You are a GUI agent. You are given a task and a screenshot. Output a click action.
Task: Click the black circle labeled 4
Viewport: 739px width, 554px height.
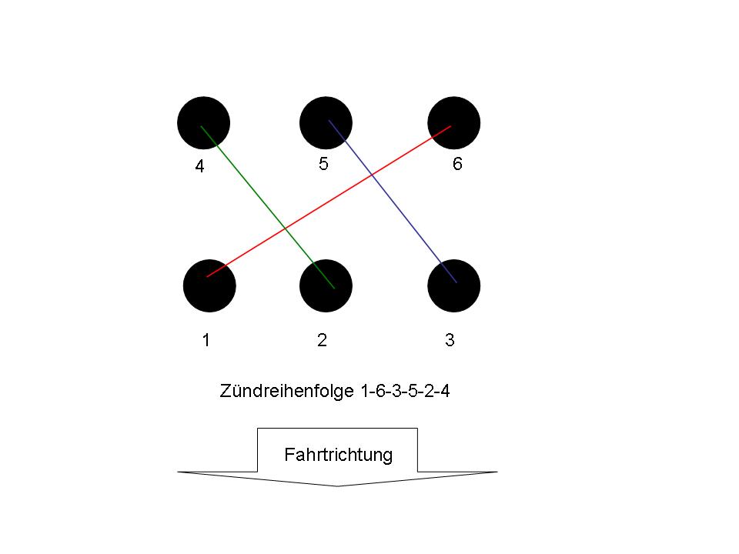click(203, 123)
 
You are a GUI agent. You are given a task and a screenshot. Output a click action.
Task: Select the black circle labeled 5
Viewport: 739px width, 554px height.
click(326, 123)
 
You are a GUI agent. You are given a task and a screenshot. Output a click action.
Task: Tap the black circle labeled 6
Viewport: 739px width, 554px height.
click(454, 123)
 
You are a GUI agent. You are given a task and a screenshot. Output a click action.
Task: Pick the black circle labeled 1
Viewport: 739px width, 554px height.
click(209, 286)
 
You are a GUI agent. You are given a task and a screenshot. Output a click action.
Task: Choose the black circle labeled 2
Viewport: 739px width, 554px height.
click(326, 286)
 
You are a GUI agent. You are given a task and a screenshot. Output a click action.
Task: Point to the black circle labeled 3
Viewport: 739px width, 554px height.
click(454, 286)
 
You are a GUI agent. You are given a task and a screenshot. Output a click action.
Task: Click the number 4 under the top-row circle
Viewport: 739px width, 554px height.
click(200, 166)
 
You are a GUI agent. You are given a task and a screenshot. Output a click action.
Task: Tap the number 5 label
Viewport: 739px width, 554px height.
click(323, 163)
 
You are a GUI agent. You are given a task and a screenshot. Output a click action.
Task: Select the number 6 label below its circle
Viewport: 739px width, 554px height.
click(457, 163)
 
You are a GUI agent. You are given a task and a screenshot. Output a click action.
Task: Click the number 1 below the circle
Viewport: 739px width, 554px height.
click(206, 339)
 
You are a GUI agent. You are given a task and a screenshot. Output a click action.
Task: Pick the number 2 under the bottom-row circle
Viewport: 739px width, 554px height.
click(322, 339)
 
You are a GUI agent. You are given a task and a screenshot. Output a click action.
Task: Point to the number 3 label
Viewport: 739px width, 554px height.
click(450, 339)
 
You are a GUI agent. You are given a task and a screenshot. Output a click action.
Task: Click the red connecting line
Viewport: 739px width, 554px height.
click(329, 201)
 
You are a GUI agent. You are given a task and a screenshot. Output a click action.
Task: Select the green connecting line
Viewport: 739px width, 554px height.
click(268, 207)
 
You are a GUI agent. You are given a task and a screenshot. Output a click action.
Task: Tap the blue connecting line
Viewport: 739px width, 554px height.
click(393, 202)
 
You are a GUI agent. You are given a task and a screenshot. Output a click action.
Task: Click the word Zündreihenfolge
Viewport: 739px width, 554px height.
click(286, 391)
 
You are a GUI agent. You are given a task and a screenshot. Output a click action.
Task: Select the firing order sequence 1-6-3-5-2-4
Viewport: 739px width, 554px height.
click(406, 391)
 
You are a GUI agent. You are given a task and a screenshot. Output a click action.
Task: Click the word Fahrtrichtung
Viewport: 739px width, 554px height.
click(339, 455)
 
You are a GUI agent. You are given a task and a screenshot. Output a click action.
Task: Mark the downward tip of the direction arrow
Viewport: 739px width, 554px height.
click(337, 486)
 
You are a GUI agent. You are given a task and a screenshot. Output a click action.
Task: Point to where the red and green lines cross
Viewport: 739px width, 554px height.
click(285, 229)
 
